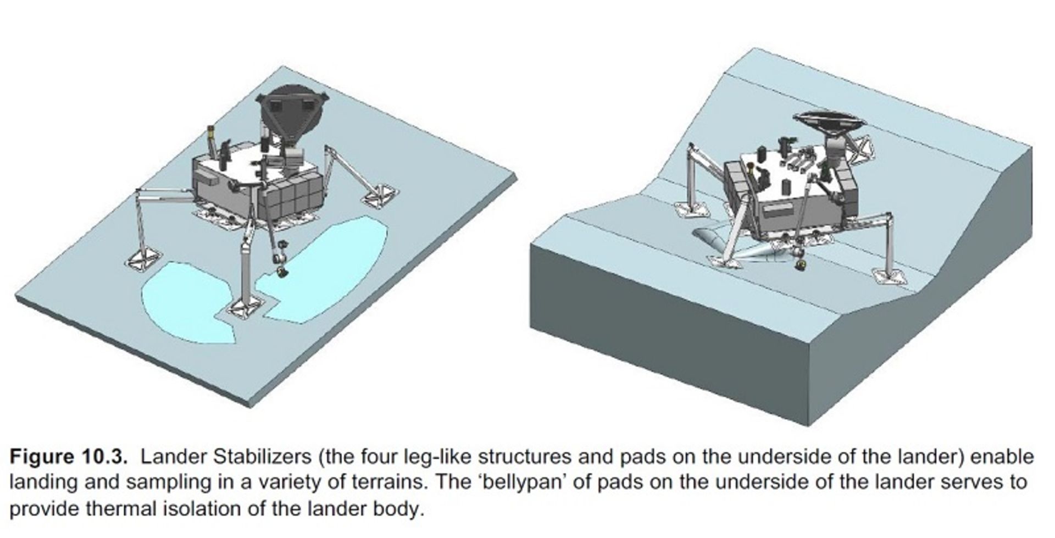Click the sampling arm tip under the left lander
tap(282, 271)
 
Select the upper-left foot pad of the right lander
tap(692, 209)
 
